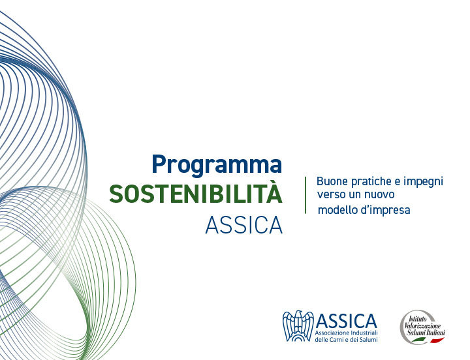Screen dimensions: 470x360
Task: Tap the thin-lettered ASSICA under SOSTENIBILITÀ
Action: pos(244,225)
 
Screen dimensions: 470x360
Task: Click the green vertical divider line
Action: pos(305,195)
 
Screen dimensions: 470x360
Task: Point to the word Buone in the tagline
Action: pos(332,181)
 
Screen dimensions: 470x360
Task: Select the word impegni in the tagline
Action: pos(423,183)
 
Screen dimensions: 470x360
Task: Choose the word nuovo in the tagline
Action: pos(379,195)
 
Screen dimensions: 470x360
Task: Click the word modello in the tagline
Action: pos(337,209)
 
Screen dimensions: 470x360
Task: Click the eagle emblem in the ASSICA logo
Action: pos(298,326)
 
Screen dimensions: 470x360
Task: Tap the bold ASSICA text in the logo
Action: pos(347,321)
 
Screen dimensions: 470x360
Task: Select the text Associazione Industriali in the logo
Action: pos(346,333)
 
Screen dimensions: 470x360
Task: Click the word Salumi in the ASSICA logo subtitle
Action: pos(369,340)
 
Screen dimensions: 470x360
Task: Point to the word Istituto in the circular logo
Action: pos(418,319)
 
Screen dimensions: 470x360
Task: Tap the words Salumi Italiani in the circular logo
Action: pos(426,333)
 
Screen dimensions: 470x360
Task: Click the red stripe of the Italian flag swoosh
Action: pos(437,340)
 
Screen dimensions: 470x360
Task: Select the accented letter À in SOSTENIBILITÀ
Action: pos(275,192)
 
